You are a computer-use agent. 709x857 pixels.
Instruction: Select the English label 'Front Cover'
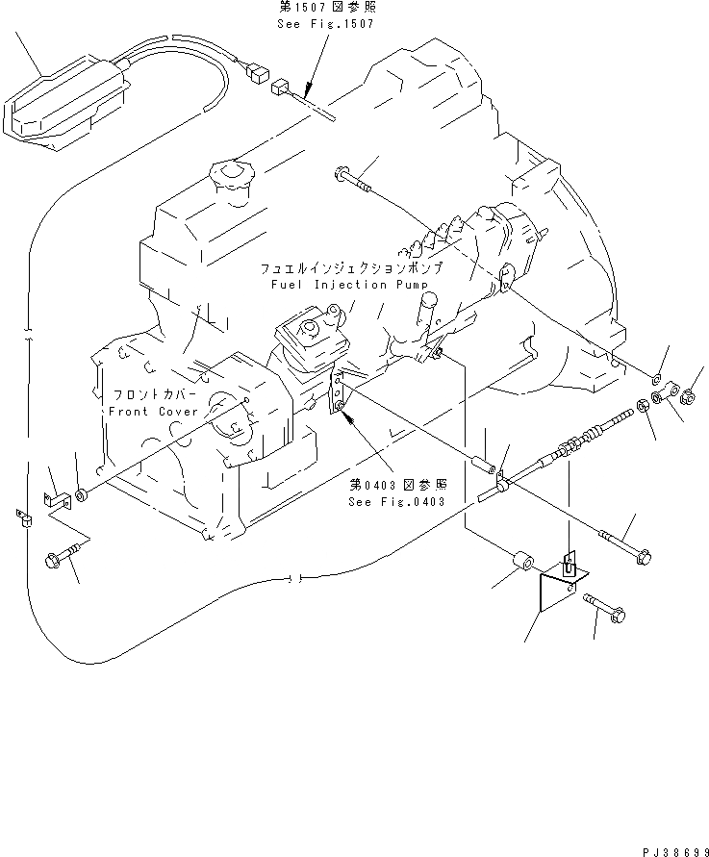[146, 410]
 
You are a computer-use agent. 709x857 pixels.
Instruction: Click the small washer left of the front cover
[82, 494]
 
